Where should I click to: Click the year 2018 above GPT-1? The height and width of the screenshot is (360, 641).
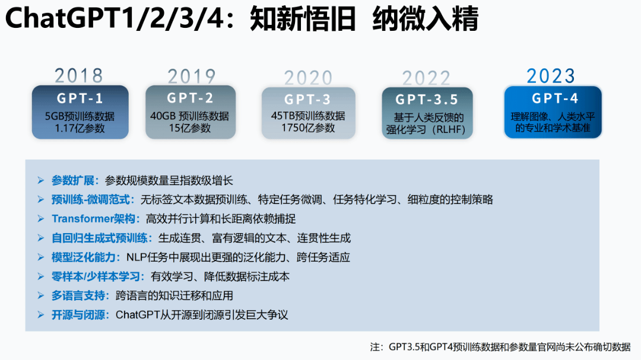pyautogui.click(x=79, y=76)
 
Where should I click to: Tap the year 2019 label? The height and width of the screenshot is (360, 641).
pyautogui.click(x=191, y=77)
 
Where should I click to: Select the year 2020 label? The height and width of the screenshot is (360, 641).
pyautogui.click(x=308, y=78)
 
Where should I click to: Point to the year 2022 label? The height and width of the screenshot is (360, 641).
pyautogui.click(x=426, y=78)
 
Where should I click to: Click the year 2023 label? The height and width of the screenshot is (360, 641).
pyautogui.click(x=551, y=76)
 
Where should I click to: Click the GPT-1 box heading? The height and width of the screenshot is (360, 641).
pyautogui.click(x=80, y=98)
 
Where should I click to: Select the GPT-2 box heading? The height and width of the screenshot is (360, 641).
pyautogui.click(x=190, y=98)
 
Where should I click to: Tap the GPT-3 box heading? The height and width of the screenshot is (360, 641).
pyautogui.click(x=307, y=100)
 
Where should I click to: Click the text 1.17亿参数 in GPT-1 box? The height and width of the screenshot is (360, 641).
pyautogui.click(x=80, y=128)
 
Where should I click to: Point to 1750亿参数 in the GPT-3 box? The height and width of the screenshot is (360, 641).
pyautogui.click(x=308, y=128)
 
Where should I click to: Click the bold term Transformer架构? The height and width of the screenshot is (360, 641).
pyautogui.click(x=96, y=219)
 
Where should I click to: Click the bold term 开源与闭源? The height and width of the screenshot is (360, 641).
pyautogui.click(x=80, y=314)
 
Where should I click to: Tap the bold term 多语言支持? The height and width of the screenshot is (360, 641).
pyautogui.click(x=80, y=295)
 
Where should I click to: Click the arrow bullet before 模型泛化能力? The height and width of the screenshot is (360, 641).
pyautogui.click(x=40, y=257)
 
